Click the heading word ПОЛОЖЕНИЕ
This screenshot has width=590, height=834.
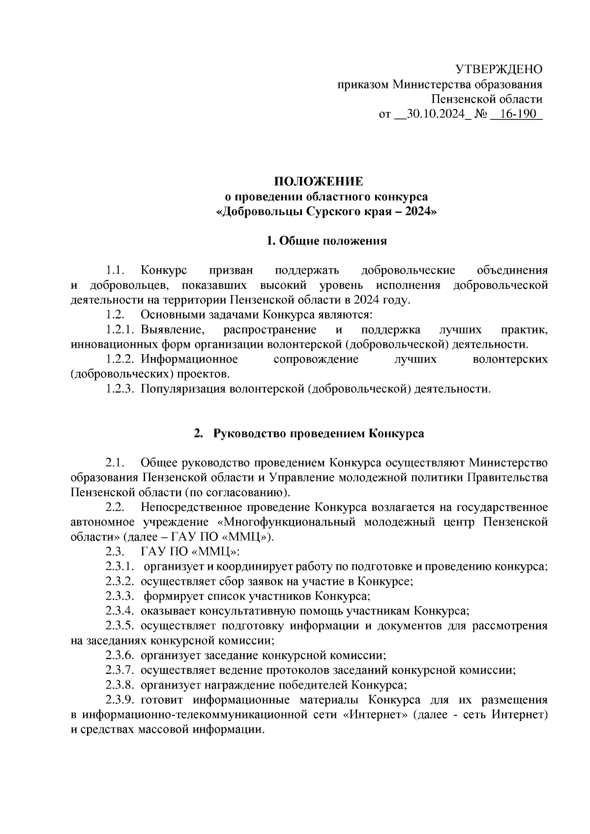pyautogui.click(x=319, y=181)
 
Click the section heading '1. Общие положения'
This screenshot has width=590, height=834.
pyautogui.click(x=326, y=241)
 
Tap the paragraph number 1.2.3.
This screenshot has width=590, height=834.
pyautogui.click(x=120, y=389)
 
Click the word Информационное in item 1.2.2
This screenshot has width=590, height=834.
pyautogui.click(x=189, y=360)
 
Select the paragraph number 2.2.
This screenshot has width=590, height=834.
pyautogui.click(x=114, y=507)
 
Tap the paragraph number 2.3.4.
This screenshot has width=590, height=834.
pyautogui.click(x=120, y=611)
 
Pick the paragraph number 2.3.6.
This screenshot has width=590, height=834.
pyautogui.click(x=120, y=656)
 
